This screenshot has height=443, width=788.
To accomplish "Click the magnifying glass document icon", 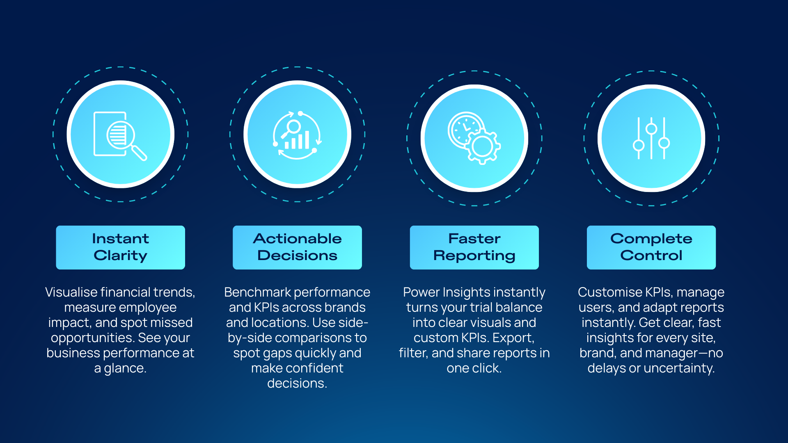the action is point(120,136).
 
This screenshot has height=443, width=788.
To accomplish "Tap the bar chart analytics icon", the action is point(297,135).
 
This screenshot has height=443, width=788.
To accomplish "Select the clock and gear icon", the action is point(474,138).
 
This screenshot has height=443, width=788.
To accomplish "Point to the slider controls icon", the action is point(651,138).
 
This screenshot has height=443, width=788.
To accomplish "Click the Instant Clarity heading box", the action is point(120,247).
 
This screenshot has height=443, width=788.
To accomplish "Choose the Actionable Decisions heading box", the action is point(297,247).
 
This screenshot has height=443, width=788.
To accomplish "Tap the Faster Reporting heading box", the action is point(474,247).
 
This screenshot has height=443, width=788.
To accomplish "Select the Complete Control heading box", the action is point(651,247).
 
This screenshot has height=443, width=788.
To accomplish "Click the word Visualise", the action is point(71,292).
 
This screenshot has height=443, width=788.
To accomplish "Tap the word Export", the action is point(513,338).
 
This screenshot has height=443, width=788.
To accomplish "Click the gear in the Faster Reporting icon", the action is point(483,146).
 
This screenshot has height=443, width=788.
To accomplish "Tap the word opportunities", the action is point(93,338).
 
